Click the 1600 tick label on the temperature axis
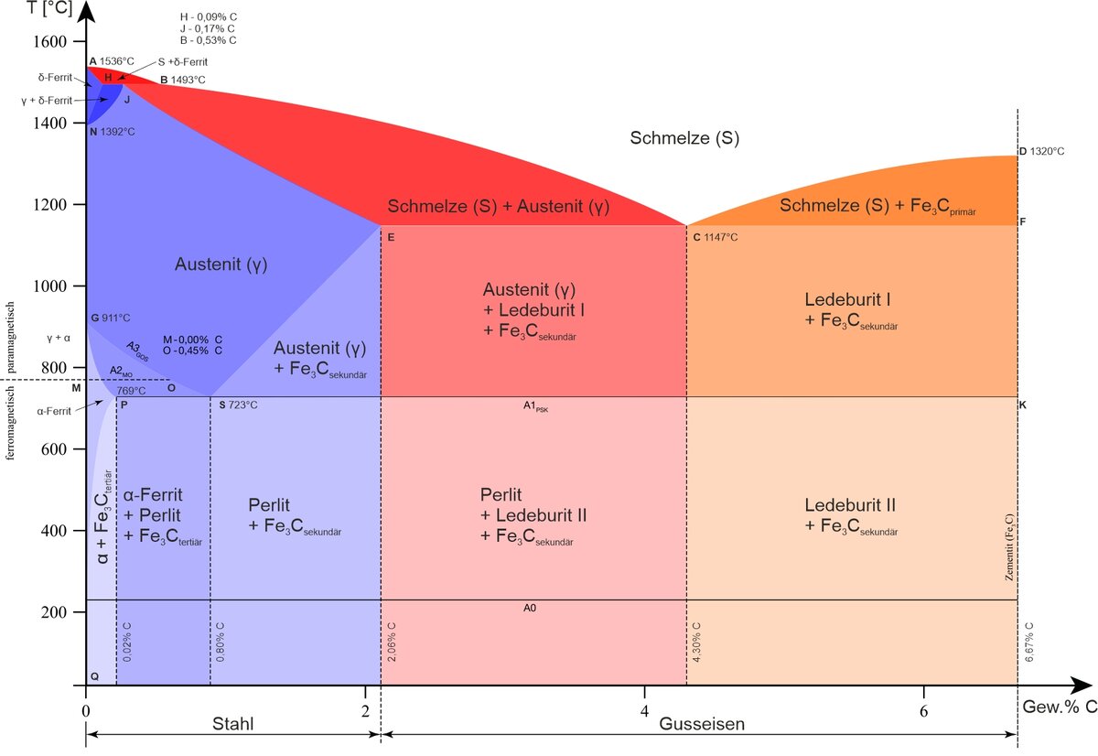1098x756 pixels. click(x=50, y=41)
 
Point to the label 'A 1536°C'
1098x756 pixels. click(x=112, y=61)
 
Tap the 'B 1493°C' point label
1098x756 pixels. click(x=183, y=80)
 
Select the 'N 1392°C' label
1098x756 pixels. click(x=113, y=132)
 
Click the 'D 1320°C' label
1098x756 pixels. click(x=1041, y=152)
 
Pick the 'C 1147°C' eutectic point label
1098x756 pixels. click(x=716, y=237)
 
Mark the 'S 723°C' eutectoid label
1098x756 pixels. click(x=238, y=405)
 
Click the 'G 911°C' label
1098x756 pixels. click(x=111, y=318)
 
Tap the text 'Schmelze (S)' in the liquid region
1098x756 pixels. click(x=684, y=138)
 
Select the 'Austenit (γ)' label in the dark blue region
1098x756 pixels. click(x=221, y=265)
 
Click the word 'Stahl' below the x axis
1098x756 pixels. click(x=232, y=724)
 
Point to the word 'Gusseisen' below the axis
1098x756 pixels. click(x=702, y=724)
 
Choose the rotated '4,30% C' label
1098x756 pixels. click(x=696, y=643)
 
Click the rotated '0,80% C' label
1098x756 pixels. click(x=221, y=643)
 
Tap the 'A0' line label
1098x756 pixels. click(x=530, y=608)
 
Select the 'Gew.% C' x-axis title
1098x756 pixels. click(x=1060, y=707)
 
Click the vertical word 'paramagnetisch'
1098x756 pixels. click(x=10, y=338)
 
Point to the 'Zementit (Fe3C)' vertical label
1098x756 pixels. click(x=1008, y=547)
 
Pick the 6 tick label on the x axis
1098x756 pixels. click(x=923, y=711)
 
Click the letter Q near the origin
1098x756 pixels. click(x=94, y=676)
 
